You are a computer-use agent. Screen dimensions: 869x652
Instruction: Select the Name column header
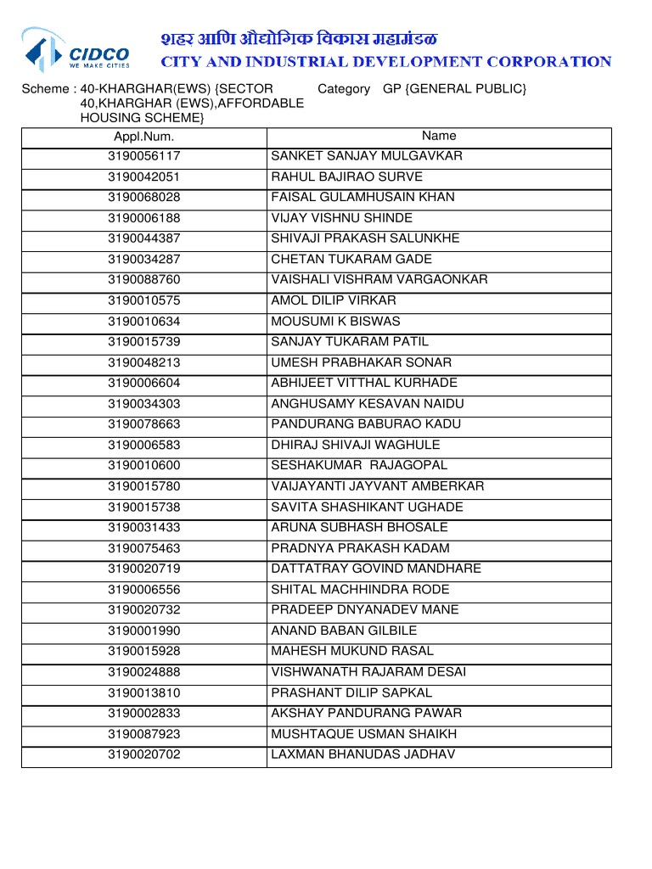[439, 136]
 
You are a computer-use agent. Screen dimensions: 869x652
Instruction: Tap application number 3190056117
[143, 156]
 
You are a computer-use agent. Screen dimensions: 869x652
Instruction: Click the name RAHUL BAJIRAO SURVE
[346, 177]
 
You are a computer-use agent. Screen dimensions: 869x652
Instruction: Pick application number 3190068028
[143, 198]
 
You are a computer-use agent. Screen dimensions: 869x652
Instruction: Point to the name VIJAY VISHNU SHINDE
[341, 218]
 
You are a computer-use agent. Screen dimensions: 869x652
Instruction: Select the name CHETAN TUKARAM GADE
[351, 260]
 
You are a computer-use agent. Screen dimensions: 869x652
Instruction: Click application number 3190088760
[143, 280]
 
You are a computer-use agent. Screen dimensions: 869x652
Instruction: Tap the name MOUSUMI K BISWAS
[335, 322]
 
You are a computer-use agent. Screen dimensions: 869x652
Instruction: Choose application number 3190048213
[143, 362]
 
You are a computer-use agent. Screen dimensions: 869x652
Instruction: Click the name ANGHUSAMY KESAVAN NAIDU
[368, 404]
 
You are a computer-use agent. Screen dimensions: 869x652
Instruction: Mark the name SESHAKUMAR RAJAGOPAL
[359, 466]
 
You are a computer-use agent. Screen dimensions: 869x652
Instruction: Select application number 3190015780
[143, 486]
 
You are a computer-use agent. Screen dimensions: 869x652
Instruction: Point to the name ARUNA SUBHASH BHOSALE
[359, 528]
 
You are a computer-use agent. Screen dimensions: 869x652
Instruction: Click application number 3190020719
[143, 569]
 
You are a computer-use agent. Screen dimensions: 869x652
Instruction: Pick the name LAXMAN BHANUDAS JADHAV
[363, 754]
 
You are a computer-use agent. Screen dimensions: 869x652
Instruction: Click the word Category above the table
[344, 89]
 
